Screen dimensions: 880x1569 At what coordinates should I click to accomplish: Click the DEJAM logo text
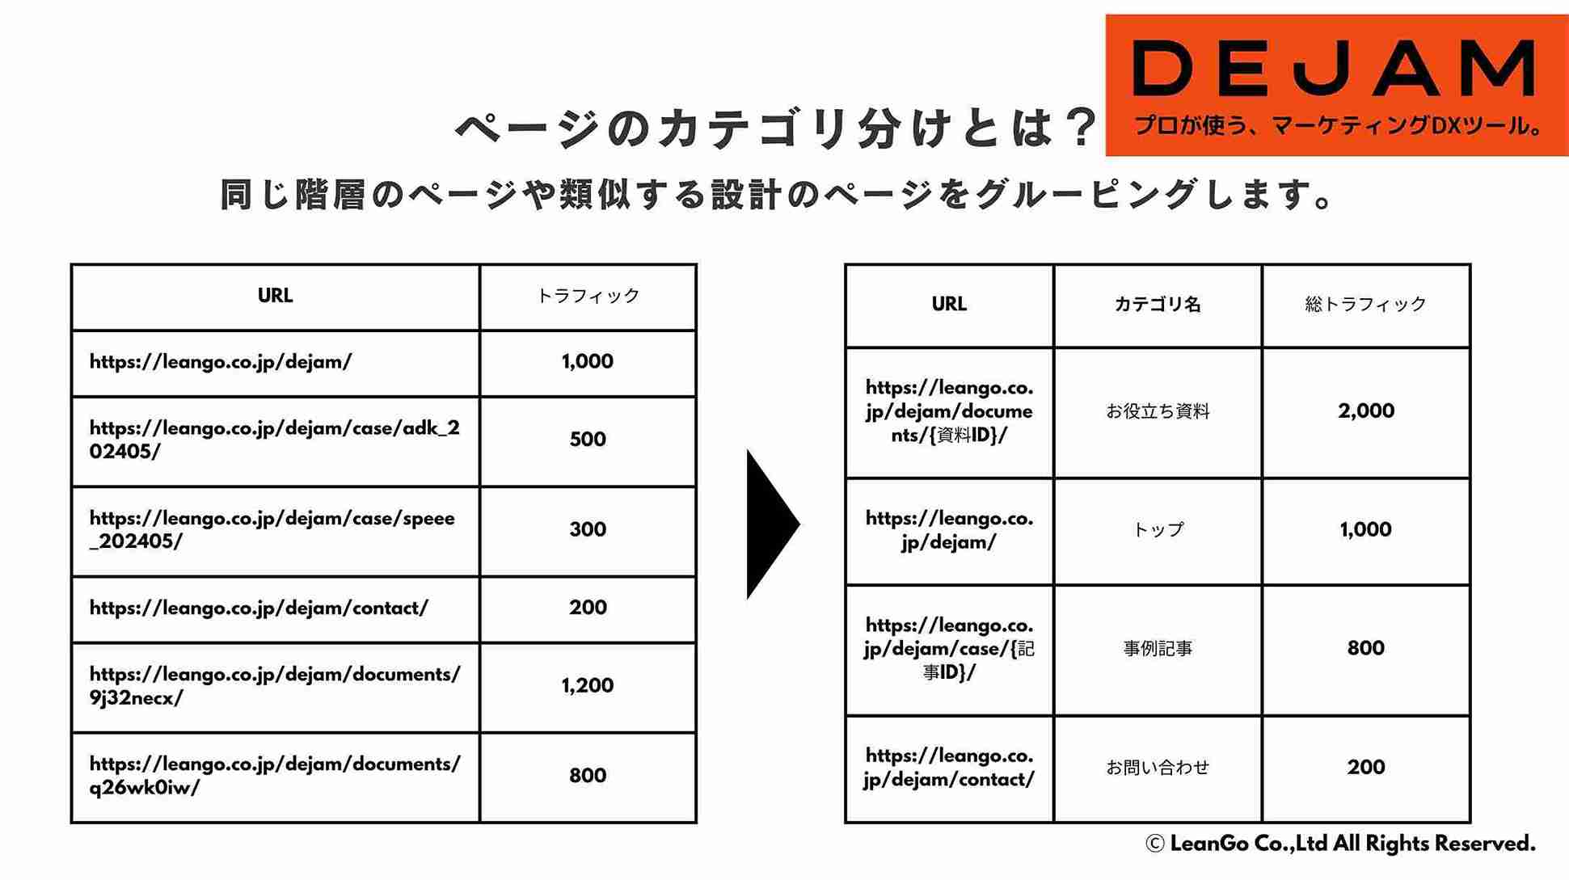[x=1335, y=69]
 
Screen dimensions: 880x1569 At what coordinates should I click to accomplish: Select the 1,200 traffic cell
[x=588, y=686]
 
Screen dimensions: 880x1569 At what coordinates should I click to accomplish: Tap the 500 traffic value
[x=588, y=440]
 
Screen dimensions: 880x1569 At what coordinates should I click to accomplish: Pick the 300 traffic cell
[x=588, y=530]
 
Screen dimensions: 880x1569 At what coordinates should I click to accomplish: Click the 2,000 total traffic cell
[x=1366, y=411]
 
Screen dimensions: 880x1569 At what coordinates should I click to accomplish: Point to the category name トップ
[x=1158, y=530]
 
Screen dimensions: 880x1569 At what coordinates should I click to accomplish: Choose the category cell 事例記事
[x=1158, y=649]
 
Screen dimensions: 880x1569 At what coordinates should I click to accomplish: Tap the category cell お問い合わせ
[x=1158, y=768]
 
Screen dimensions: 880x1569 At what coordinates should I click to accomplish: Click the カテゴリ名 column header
[x=1158, y=305]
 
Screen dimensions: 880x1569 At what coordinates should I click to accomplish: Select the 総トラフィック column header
[x=1366, y=305]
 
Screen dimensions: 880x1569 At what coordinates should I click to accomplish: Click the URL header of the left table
[x=275, y=296]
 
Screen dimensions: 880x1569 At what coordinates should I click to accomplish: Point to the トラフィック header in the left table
[x=588, y=296]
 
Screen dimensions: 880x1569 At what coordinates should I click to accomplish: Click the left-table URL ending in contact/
[x=259, y=608]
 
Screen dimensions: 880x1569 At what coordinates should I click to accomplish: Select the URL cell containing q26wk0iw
[x=275, y=776]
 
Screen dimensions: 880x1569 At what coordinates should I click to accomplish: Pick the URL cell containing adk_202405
[x=275, y=440]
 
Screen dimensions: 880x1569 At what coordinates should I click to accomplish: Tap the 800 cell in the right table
[x=1366, y=648]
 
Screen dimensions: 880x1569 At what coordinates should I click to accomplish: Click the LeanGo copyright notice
[x=1340, y=844]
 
